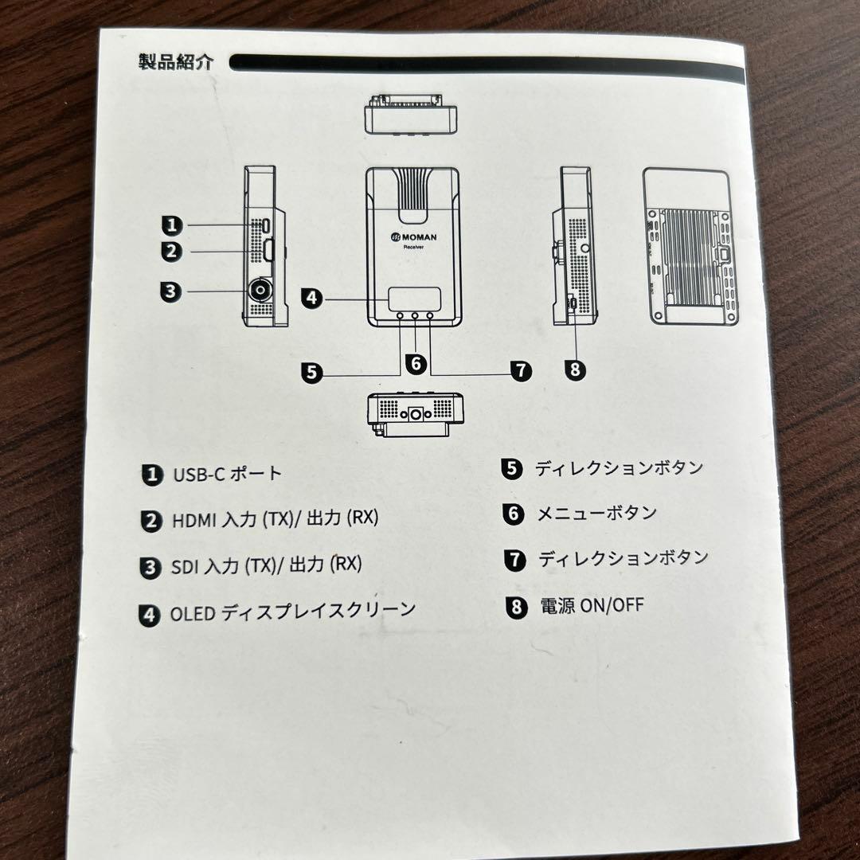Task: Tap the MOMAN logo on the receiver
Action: tap(413, 236)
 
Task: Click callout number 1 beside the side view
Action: tap(172, 225)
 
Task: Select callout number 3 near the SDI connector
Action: tap(170, 291)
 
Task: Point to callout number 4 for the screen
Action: tap(311, 299)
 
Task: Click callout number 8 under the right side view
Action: tap(574, 369)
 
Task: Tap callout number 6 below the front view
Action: tap(415, 363)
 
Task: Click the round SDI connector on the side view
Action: tap(260, 291)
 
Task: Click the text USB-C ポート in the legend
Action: tap(228, 474)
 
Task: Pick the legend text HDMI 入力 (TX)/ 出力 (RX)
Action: tap(276, 520)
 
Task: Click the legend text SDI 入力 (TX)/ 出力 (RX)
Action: tap(266, 565)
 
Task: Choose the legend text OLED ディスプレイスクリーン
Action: tap(292, 612)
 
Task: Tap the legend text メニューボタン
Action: tap(596, 513)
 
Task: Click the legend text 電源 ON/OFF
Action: tap(592, 606)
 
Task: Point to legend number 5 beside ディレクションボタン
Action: tap(511, 468)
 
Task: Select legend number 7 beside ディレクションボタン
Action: tap(515, 559)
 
